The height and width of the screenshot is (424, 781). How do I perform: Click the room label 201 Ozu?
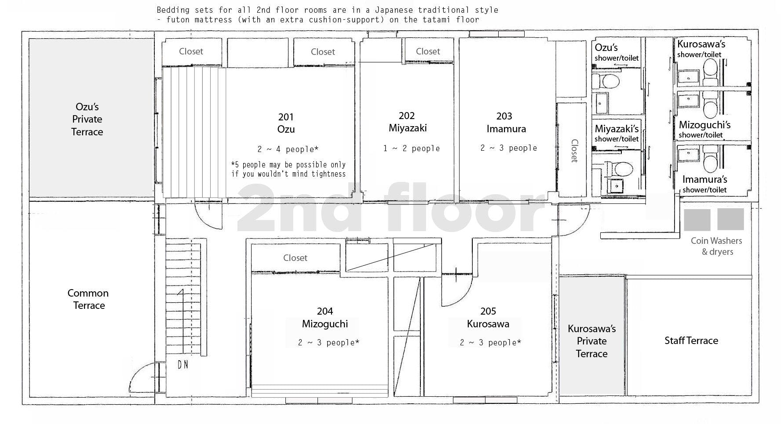[286, 123]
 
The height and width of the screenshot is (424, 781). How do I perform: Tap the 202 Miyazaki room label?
[407, 122]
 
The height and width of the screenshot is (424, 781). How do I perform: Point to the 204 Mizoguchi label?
[325, 318]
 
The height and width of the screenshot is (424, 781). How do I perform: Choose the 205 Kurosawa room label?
[488, 318]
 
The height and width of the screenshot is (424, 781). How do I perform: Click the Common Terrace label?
[88, 299]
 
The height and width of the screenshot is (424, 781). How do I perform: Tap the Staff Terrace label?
[691, 341]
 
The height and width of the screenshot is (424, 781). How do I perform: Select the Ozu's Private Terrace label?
[87, 119]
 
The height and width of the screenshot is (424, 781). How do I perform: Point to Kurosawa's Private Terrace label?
[591, 341]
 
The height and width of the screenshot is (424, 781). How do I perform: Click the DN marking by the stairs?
[183, 364]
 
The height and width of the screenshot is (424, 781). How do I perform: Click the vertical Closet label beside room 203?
[574, 151]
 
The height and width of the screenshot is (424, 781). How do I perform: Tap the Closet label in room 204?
[295, 258]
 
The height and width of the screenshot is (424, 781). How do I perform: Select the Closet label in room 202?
[428, 51]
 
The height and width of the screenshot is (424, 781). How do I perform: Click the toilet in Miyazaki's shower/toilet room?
[622, 168]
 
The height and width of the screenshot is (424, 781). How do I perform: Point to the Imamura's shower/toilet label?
[704, 184]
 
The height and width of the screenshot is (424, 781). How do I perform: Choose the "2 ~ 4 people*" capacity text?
[288, 149]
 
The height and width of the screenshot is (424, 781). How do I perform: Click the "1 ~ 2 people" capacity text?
[411, 149]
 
